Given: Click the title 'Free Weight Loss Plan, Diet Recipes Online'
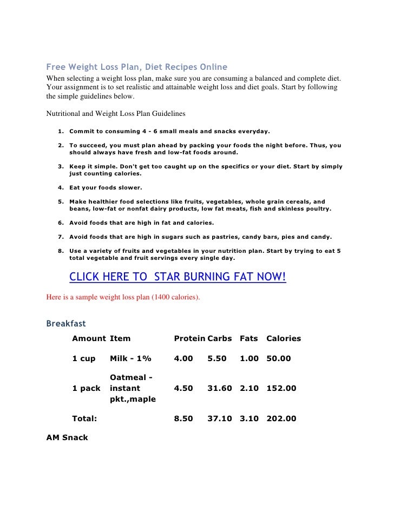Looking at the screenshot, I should pos(136,67).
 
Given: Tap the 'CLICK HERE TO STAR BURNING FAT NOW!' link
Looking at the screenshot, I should pos(178,277).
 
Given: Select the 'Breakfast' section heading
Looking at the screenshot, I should pos(66,324).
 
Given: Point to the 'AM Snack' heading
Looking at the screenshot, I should pos(67,437).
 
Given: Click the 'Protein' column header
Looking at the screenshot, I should pos(189,338).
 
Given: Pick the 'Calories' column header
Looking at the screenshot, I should pos(284,338).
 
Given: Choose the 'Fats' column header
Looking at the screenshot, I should pos(248,338).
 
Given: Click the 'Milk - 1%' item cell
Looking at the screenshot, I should pos(130,358).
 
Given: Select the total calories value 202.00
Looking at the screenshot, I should pos(281,419).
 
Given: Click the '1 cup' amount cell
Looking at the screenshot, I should pos(83,358).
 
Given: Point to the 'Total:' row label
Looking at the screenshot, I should pos(84,419).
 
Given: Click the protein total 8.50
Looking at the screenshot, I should pos(183,419).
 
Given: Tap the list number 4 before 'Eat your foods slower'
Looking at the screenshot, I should pos(60,188).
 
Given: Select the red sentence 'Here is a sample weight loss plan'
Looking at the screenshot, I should pos(123,297).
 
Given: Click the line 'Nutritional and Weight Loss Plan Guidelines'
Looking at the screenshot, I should pos(116,114).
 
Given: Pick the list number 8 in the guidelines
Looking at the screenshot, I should pos(60,251).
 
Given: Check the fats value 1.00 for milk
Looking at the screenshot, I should pos(249,358).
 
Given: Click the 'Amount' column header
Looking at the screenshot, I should pos(89,338).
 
